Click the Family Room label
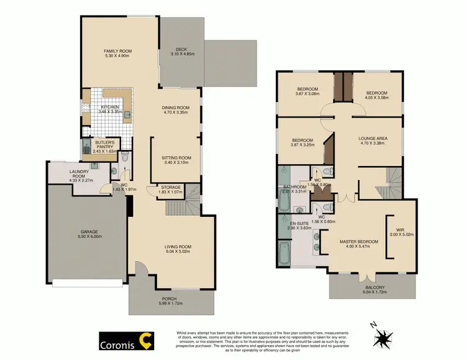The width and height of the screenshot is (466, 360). click(x=117, y=51)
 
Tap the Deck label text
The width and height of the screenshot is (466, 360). click(x=181, y=48)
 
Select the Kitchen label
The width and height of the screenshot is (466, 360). click(x=109, y=107)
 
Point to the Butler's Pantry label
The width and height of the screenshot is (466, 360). click(x=99, y=142)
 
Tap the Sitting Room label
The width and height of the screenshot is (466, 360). click(x=176, y=158)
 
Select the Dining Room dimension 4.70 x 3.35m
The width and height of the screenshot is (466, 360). click(x=176, y=113)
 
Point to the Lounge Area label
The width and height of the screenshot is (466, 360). click(x=372, y=139)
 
